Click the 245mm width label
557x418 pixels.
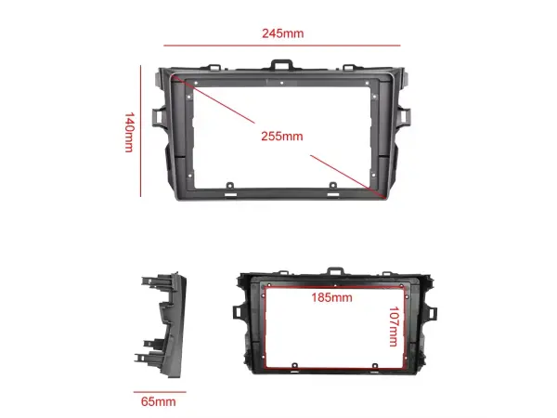tap(282, 33)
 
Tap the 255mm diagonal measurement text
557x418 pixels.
tap(282, 136)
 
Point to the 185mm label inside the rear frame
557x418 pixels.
tap(331, 298)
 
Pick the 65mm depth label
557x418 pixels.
tap(158, 401)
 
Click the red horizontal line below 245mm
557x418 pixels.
tap(282, 46)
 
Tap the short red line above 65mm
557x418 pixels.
tap(158, 391)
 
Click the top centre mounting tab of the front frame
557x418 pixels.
tap(282, 66)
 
